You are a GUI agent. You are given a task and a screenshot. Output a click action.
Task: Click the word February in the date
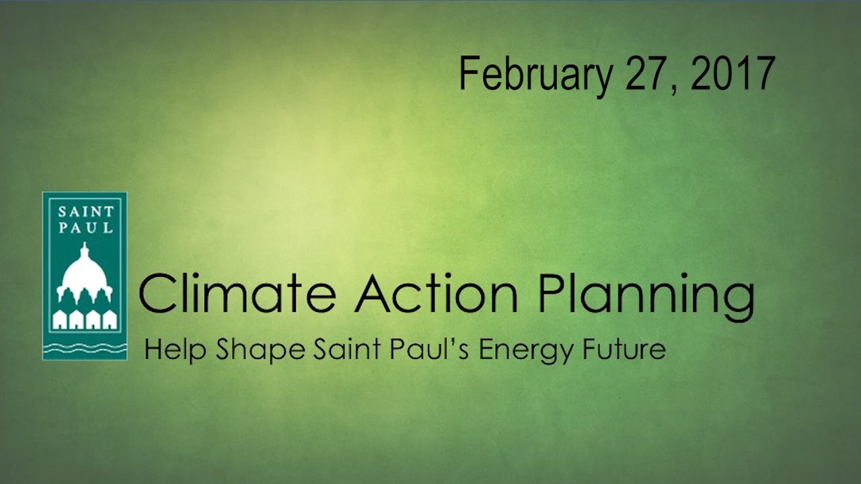click(x=535, y=75)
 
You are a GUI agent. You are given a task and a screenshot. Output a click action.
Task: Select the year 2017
click(x=733, y=73)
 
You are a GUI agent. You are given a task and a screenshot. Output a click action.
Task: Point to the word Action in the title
click(x=437, y=294)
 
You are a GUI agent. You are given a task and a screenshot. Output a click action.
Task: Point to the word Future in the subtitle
click(x=625, y=350)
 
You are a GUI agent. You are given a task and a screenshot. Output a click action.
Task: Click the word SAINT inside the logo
click(x=85, y=211)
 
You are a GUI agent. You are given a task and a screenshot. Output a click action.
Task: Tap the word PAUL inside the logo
click(x=85, y=227)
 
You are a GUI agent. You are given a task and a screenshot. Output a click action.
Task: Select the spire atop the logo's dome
click(x=85, y=251)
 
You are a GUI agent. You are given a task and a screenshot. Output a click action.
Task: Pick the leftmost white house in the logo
click(x=61, y=321)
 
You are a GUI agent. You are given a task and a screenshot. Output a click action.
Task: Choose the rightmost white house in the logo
click(x=110, y=321)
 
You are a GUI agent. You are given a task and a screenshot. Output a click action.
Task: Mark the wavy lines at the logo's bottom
click(x=85, y=348)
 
